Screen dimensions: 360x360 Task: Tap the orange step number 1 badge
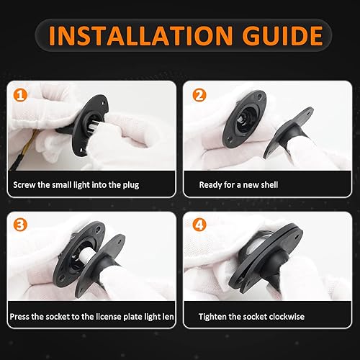[x=21, y=94]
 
